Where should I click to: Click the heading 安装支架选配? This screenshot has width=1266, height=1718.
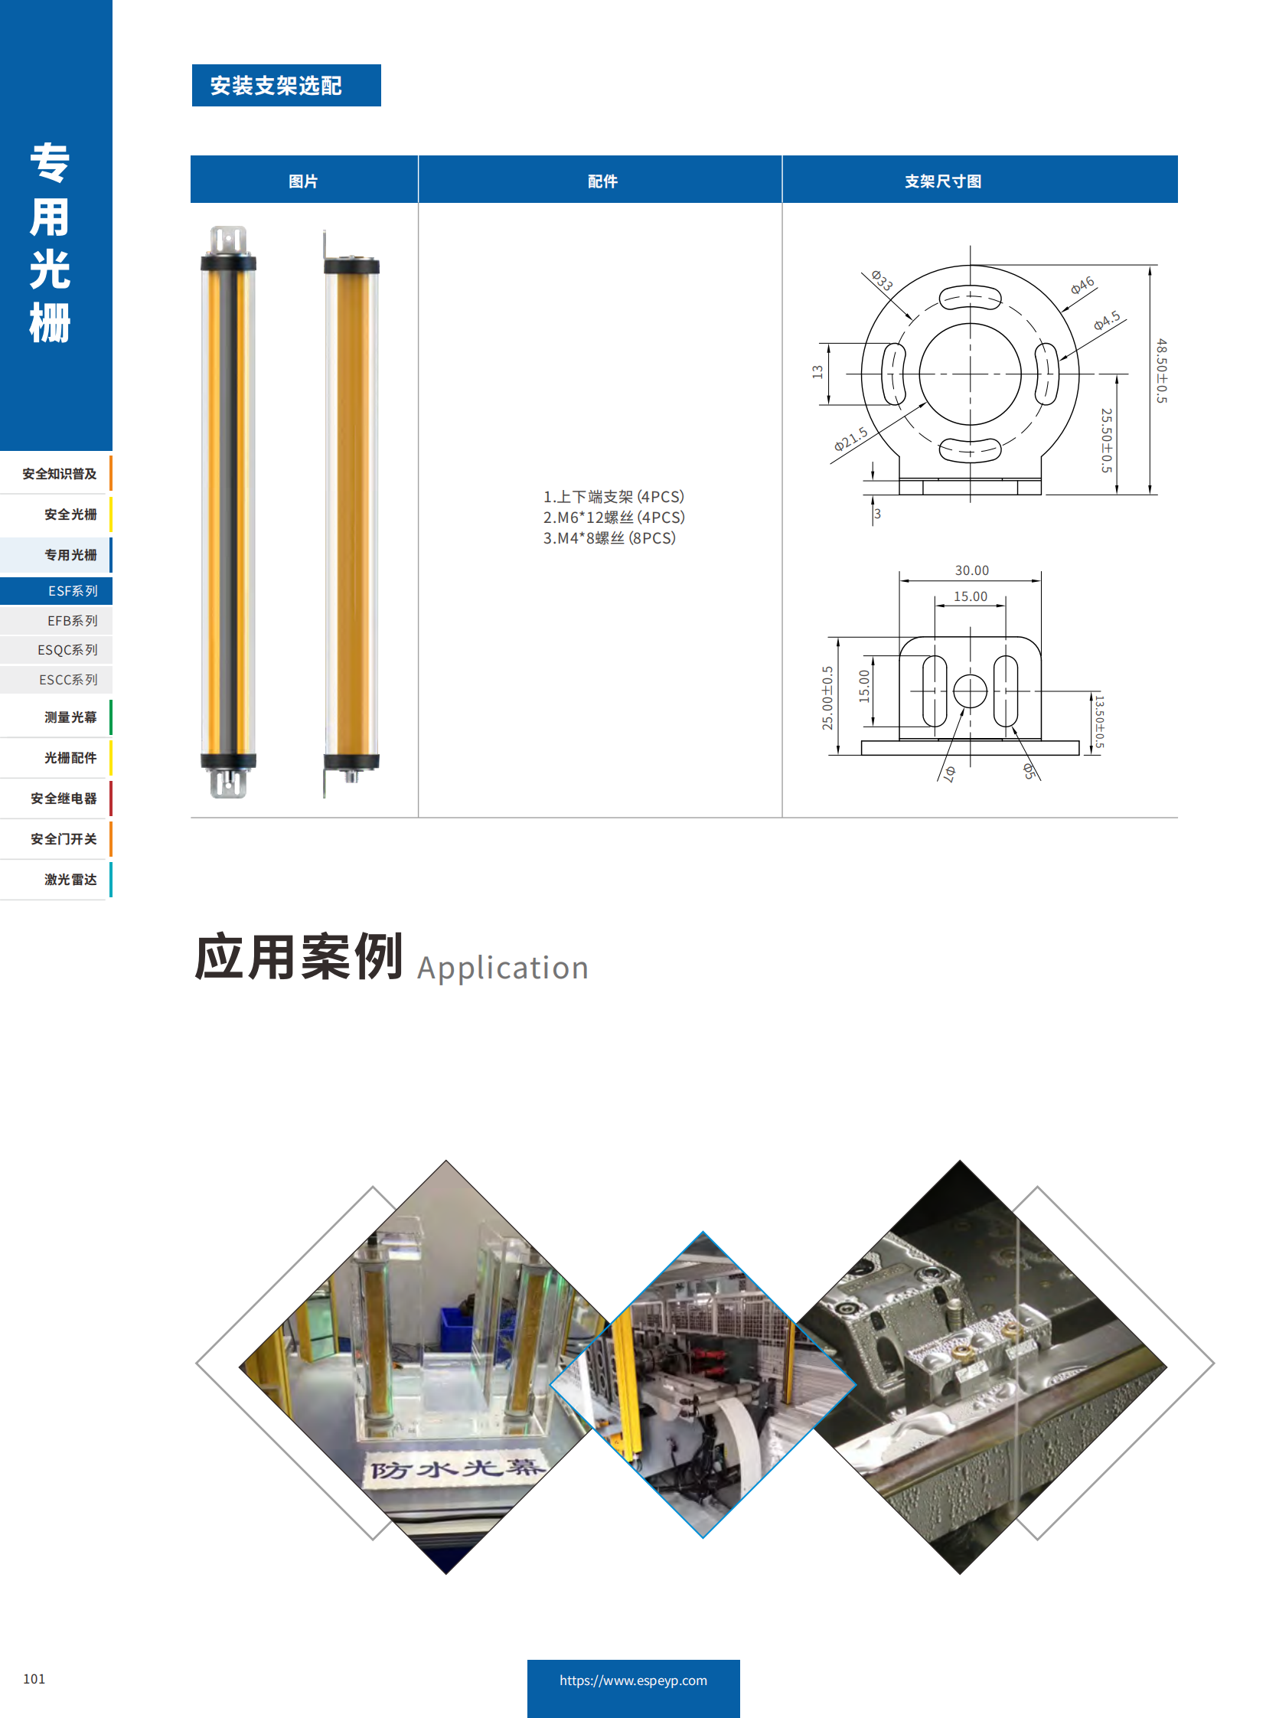click(276, 85)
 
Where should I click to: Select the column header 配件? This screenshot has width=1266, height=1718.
click(602, 181)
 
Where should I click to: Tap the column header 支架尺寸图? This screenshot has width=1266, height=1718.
click(942, 181)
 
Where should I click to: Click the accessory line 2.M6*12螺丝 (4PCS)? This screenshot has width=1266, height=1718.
click(613, 518)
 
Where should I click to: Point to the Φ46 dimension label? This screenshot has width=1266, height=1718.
click(1082, 285)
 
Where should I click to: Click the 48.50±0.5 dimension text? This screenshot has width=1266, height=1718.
click(1162, 371)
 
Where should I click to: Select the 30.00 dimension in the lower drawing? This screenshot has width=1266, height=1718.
click(971, 570)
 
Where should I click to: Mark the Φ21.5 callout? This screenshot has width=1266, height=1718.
click(850, 439)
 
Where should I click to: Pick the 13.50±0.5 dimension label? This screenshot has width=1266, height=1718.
click(1099, 721)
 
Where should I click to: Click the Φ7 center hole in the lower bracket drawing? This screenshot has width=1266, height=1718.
click(970, 691)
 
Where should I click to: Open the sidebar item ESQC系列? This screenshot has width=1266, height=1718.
click(67, 650)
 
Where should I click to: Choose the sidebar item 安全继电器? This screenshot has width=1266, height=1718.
click(64, 798)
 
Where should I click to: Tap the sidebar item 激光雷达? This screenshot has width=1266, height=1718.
click(70, 880)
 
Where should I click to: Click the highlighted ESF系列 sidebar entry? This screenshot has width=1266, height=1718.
click(72, 591)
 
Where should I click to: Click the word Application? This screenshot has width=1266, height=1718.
click(502, 968)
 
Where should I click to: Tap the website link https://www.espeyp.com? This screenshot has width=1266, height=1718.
click(633, 1680)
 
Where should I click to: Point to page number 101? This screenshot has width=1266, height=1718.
click(34, 1678)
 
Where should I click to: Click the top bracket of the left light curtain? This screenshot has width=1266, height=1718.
click(228, 240)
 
